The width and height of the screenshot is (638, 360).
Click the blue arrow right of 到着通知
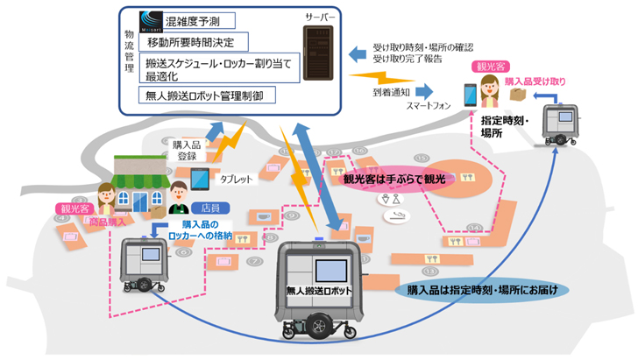pos(424,90)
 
